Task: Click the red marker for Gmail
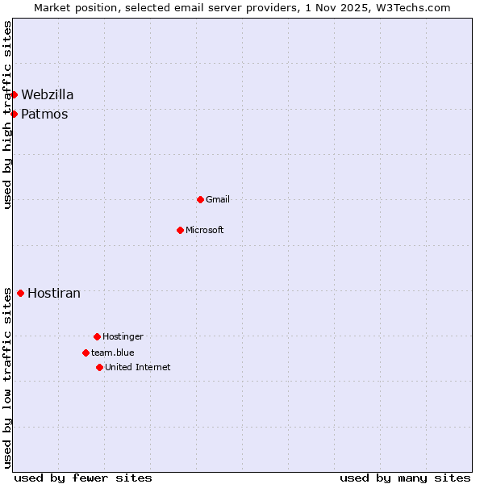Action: click(x=200, y=199)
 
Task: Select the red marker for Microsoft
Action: click(x=180, y=230)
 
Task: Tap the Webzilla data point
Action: click(x=14, y=94)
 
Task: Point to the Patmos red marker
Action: click(x=14, y=114)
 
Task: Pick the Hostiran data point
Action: click(x=20, y=293)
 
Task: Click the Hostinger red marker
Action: click(x=97, y=336)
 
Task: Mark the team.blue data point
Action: click(x=86, y=353)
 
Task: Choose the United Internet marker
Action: click(x=99, y=367)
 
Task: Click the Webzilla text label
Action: click(x=47, y=94)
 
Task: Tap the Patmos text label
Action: click(x=44, y=114)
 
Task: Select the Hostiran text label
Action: click(x=54, y=293)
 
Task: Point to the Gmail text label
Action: click(x=218, y=199)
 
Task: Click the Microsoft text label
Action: click(x=205, y=230)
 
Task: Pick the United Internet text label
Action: click(x=138, y=367)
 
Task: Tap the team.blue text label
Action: click(x=113, y=353)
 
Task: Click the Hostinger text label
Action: click(x=123, y=336)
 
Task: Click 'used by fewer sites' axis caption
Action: click(x=83, y=478)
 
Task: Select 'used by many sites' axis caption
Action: click(x=405, y=478)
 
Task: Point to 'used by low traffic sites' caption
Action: click(x=8, y=377)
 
